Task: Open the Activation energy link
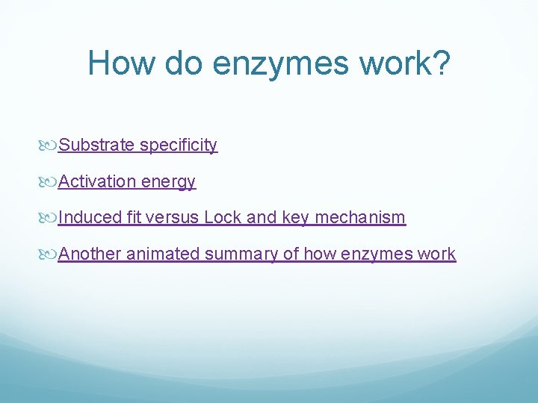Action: (x=127, y=181)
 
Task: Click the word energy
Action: (x=169, y=182)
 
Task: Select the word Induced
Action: (x=90, y=218)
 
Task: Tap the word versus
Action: (x=173, y=218)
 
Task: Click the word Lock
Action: (x=223, y=218)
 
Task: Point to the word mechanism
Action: (x=360, y=218)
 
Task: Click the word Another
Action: (x=90, y=254)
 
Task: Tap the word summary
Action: (x=241, y=254)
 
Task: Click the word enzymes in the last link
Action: (x=377, y=254)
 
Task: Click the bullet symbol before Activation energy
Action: (x=51, y=181)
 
